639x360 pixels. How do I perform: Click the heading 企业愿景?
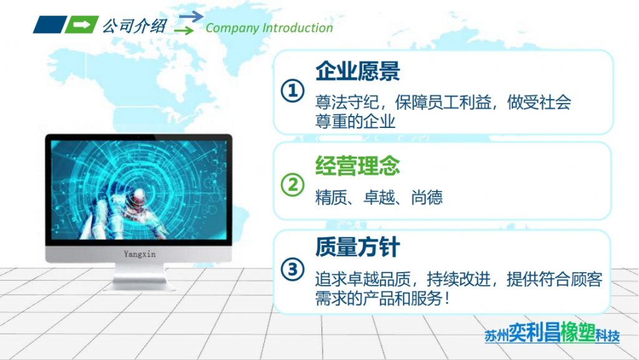point(358,72)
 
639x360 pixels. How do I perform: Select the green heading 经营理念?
point(358,166)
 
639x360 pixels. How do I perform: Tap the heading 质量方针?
point(358,248)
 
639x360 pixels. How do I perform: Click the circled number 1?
point(291,91)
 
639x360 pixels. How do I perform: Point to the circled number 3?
point(291,270)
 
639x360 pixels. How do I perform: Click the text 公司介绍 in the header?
point(134,26)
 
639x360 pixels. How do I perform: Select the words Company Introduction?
point(269,28)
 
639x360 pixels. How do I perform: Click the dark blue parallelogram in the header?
point(49,25)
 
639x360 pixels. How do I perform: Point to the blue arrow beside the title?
point(191,16)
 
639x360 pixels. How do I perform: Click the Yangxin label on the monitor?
point(139,253)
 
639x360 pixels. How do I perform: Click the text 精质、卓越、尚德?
point(379,198)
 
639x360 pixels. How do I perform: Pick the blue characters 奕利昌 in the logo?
point(529,332)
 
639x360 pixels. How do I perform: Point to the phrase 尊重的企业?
point(355,120)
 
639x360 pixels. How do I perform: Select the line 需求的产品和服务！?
point(383,298)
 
